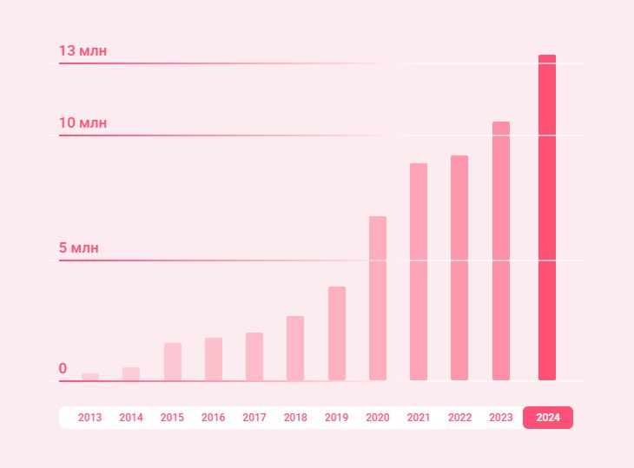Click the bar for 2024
point(547,217)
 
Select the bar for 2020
point(378,298)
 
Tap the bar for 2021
point(419,272)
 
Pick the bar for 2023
point(501,251)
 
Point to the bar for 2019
point(337,333)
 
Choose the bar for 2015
point(173,362)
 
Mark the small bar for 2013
point(90,377)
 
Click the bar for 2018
point(295,348)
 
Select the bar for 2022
point(459,267)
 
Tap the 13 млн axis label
point(83,51)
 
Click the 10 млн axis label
point(83,123)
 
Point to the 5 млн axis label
point(79,248)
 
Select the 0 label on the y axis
point(63,369)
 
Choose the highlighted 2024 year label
point(548,418)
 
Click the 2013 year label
point(90,418)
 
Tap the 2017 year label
point(254,418)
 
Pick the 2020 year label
point(378,418)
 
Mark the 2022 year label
point(459,418)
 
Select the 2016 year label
point(214,418)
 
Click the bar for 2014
point(131,374)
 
